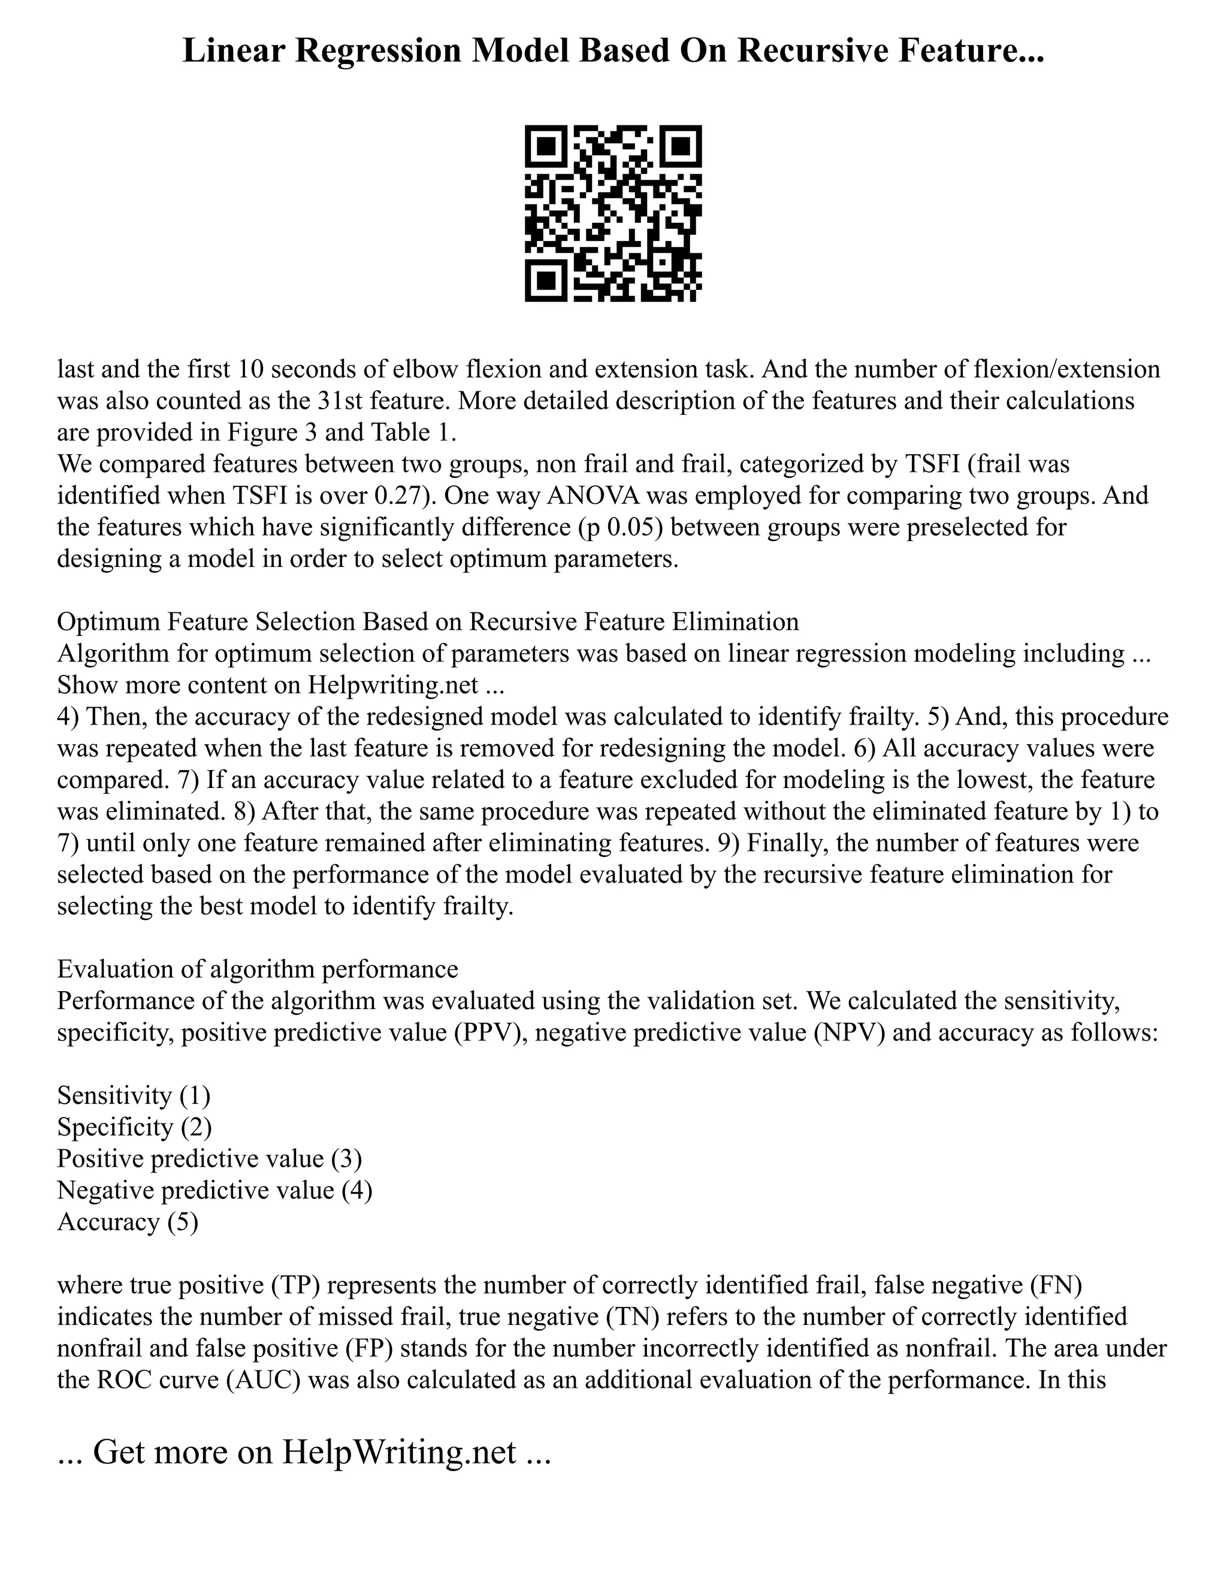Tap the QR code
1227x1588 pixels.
pos(613,214)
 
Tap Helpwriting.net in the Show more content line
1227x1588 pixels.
pos(392,685)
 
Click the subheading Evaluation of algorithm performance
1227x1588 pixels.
pos(257,969)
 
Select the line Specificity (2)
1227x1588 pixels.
pos(134,1127)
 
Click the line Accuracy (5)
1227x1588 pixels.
pos(127,1222)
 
